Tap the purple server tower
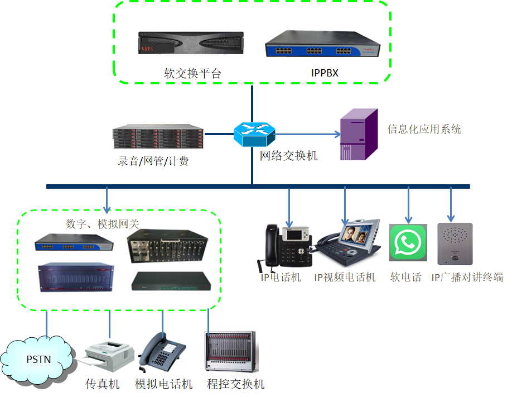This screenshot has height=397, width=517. point(359,135)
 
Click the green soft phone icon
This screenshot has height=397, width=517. point(408,242)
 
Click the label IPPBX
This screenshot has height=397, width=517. point(325,73)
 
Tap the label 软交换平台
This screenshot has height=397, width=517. point(192,73)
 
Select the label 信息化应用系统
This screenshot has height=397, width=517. point(424,129)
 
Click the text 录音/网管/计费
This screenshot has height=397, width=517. point(153,161)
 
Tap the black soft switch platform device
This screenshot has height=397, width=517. point(192,43)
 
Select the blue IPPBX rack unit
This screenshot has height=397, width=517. point(322,45)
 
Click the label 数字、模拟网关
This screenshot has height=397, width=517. point(103,223)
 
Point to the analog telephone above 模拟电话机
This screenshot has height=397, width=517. point(162,352)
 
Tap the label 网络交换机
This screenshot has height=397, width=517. point(288,156)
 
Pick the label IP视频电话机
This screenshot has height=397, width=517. point(345,277)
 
